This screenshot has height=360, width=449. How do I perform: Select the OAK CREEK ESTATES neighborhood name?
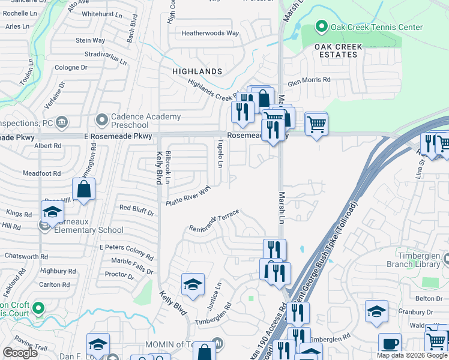tap(334, 50)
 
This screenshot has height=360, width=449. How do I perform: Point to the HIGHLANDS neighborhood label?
tap(197, 71)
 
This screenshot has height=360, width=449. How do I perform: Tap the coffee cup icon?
tap(390, 344)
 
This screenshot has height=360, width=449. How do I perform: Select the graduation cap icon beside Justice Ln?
tap(193, 284)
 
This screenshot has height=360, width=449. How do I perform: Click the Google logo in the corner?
tap(20, 353)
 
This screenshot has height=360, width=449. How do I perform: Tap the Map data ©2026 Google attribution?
tap(411, 355)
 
